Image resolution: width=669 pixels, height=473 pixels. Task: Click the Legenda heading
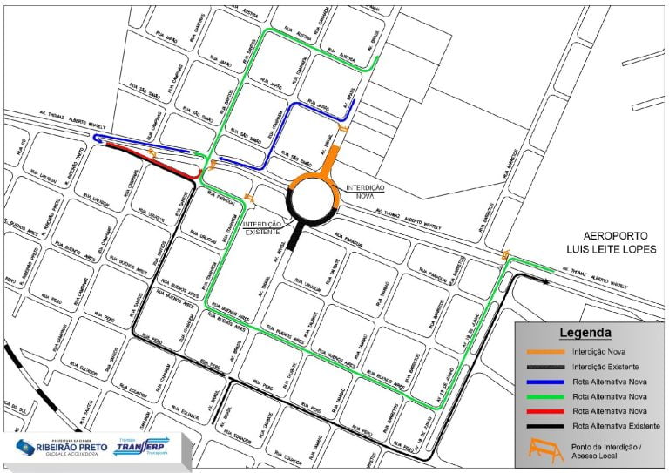coord(585,333)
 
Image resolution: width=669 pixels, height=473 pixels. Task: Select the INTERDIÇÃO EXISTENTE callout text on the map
coord(261,228)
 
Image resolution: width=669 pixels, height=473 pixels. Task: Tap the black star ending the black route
coord(546,281)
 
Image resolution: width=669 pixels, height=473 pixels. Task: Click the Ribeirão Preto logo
coord(52,446)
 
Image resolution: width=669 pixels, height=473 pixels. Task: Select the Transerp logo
coord(145,445)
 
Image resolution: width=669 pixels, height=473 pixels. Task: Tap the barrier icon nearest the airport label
coord(505,254)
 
